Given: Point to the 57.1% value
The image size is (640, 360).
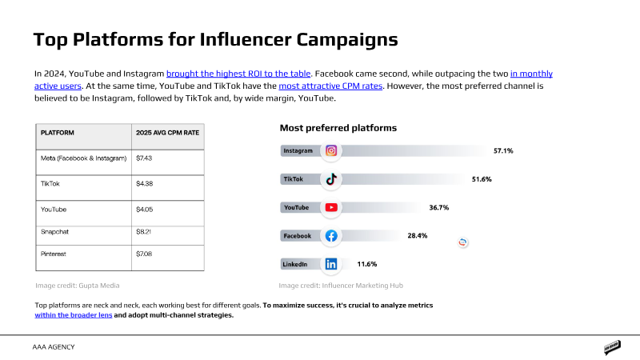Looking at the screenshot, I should pos(503,150).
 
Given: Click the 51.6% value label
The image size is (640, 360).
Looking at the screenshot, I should pos(482,179).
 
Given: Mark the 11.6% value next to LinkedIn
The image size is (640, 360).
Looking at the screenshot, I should pos(367,264).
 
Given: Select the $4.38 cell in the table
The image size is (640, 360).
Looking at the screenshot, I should pos(145,183).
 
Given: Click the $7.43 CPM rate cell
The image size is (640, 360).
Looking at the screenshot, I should pos(145,158).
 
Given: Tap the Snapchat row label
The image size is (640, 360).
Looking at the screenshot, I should pos(55,231).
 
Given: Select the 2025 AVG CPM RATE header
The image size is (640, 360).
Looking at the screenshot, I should pos(168,134).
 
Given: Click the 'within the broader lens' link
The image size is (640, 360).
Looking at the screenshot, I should pos(73,316).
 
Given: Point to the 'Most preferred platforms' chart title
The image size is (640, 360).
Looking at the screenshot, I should pos(338,128).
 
